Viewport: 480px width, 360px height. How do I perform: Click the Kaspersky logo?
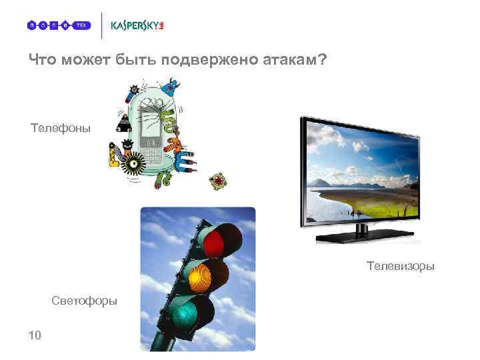click(137, 25)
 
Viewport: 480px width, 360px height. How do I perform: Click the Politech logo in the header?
click(58, 25)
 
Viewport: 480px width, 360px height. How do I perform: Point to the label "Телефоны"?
click(60, 127)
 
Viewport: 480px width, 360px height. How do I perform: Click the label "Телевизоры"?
click(400, 266)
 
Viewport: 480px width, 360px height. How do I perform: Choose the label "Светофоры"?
click(84, 301)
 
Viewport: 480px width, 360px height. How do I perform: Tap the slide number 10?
click(35, 335)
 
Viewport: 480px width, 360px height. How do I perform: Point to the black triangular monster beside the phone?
click(124, 123)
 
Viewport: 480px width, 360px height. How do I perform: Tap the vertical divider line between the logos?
click(101, 25)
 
